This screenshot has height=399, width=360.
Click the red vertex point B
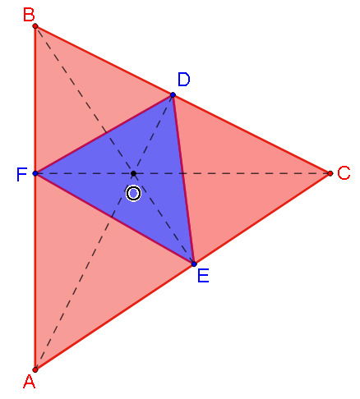[35, 26]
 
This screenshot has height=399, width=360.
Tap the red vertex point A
[35, 369]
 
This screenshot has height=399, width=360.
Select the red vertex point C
[330, 173]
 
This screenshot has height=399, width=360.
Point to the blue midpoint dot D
[173, 95]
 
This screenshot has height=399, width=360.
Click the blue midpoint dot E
[193, 264]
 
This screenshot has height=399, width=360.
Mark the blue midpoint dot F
[35, 174]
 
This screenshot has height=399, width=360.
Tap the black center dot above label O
[133, 174]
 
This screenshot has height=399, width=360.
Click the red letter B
[28, 13]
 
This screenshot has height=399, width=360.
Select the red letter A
[29, 383]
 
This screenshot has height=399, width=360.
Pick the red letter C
[344, 173]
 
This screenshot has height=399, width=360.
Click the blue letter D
[183, 80]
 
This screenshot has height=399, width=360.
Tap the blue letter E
[203, 276]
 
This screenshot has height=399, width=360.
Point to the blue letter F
[21, 174]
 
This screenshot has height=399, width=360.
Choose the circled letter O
[133, 193]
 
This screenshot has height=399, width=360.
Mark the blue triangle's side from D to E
[182, 179]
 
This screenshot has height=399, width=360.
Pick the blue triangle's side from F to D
[104, 135]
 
